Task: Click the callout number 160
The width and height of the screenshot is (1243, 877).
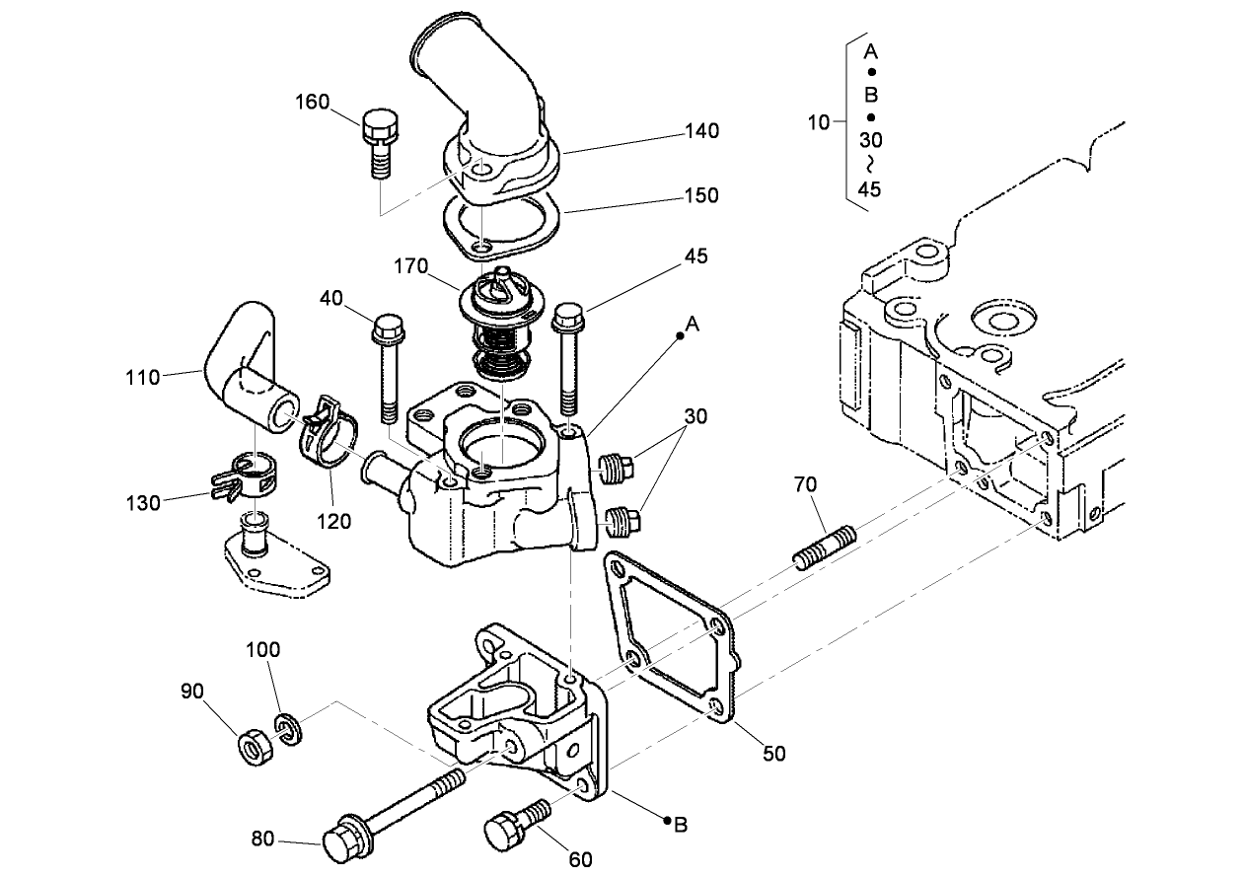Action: tap(313, 103)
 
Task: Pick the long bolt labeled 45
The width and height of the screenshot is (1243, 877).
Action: tap(569, 360)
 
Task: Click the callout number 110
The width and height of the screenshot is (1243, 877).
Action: tap(143, 376)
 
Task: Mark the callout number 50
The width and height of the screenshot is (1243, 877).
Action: tap(774, 754)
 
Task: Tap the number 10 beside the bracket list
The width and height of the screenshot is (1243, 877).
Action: tap(819, 122)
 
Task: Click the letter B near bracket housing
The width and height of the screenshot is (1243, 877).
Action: tap(680, 826)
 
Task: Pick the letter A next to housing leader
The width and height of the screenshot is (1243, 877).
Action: tap(693, 325)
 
